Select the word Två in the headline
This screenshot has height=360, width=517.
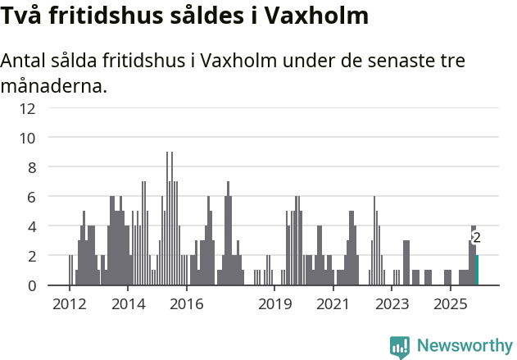[x=23, y=16]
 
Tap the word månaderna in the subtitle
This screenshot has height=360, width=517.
[x=54, y=84]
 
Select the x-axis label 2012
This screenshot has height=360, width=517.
[x=70, y=304]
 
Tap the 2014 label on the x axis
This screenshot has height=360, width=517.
[x=128, y=304]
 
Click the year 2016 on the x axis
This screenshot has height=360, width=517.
[x=187, y=304]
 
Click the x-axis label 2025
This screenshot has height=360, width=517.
[x=450, y=304]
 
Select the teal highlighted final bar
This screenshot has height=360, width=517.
[x=477, y=271]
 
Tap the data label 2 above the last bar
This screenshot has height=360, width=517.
[x=477, y=238]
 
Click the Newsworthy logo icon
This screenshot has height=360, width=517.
[x=400, y=346]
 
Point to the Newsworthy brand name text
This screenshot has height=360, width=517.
[x=465, y=346]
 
